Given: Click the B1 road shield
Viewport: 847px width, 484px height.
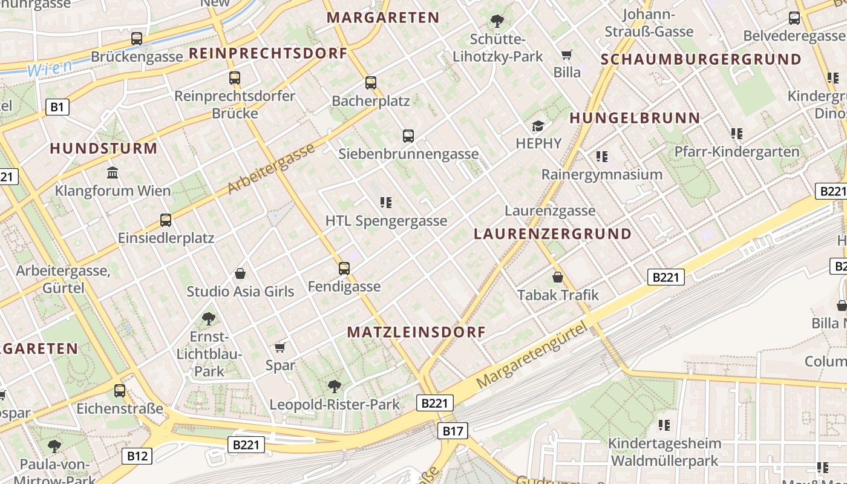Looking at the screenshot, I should tap(57, 108).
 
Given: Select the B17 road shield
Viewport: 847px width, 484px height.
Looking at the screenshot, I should tap(453, 431).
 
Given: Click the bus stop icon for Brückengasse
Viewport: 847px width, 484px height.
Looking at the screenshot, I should tap(137, 39).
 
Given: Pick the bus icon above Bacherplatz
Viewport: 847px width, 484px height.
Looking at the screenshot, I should tap(371, 83).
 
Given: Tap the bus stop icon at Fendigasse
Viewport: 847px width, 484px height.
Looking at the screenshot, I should tap(344, 268).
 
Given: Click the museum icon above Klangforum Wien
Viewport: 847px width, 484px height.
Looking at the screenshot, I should tap(113, 173).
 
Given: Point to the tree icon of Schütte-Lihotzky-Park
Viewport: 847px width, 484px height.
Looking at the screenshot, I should tap(497, 22).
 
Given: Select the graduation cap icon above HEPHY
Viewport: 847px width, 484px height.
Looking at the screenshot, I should tap(538, 126).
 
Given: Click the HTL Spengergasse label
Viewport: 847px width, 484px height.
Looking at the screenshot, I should tap(386, 221).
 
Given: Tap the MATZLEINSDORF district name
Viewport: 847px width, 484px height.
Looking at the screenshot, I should tap(417, 332).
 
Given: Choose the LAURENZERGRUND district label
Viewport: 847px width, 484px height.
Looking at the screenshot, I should tap(552, 234).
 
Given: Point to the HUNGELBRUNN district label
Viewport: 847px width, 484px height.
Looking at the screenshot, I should tap(635, 118).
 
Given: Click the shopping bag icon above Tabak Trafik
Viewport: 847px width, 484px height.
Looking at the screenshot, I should tap(558, 277).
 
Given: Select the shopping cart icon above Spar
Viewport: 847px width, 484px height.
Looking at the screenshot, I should tap(280, 347).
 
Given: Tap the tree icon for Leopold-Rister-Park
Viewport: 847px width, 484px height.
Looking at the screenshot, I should tap(334, 386).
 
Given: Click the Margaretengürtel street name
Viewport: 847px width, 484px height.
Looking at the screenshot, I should tap(532, 355).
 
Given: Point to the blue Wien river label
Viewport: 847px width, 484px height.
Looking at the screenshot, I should tap(50, 68).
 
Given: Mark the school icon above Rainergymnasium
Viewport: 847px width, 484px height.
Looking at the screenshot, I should tap(601, 157).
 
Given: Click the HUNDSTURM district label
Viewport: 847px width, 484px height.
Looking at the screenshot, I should tap(103, 148).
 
